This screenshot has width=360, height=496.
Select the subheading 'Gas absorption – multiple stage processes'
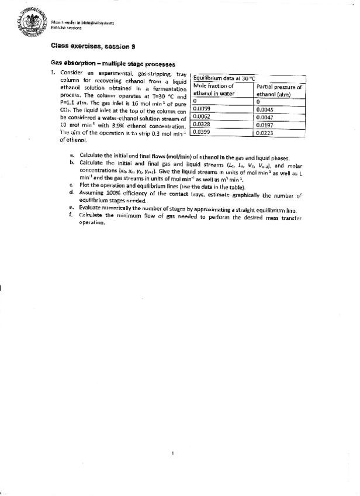point(113,64)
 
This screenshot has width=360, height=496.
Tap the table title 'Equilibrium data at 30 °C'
point(224,78)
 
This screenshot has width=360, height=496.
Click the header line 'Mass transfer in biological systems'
point(82,22)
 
